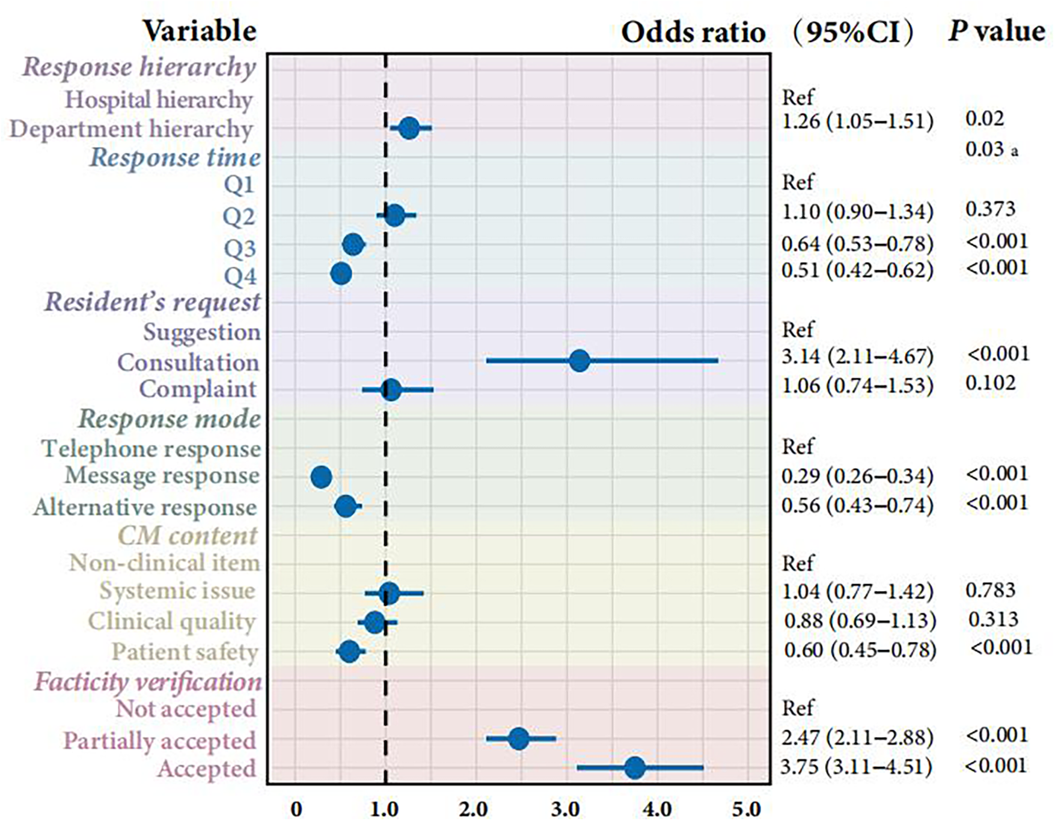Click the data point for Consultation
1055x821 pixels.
[x=579, y=361]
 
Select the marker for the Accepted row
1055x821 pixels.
[x=635, y=768]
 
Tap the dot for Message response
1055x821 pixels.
[x=321, y=477]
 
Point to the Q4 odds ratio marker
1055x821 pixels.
[x=341, y=274]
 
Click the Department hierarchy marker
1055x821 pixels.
[x=409, y=128]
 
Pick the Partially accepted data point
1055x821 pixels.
[x=518, y=738]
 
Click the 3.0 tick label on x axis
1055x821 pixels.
[x=566, y=809]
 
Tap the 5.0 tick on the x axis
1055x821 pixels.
[x=747, y=809]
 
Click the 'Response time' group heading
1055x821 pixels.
[x=175, y=157]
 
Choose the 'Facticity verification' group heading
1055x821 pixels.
[x=148, y=682]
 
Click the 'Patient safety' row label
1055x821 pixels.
[x=185, y=652]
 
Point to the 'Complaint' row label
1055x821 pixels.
[x=198, y=389]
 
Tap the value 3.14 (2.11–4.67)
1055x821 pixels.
[x=857, y=356]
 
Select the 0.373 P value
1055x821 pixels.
[x=990, y=209]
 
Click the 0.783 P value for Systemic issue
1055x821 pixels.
[x=990, y=590]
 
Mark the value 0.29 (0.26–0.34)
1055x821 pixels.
[x=857, y=476]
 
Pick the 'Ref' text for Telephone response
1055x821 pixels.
[x=797, y=447]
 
